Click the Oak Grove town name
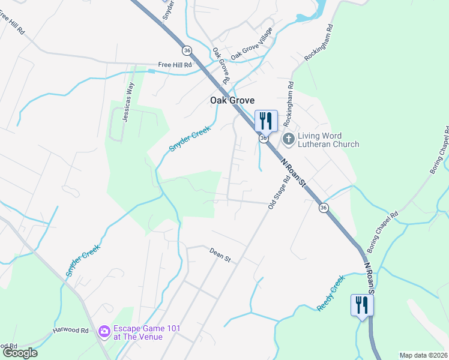point(232,101)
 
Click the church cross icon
point(289,139)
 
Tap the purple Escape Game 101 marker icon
point(104,331)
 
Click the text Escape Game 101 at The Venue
point(147,332)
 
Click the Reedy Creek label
point(331,293)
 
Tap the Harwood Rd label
point(70,331)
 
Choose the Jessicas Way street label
point(127,103)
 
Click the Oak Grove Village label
point(252,43)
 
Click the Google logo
point(19,353)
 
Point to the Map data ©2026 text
point(423,355)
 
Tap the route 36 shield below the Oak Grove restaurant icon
point(264,139)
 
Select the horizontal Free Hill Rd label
point(175,65)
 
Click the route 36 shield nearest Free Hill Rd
point(187,50)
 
